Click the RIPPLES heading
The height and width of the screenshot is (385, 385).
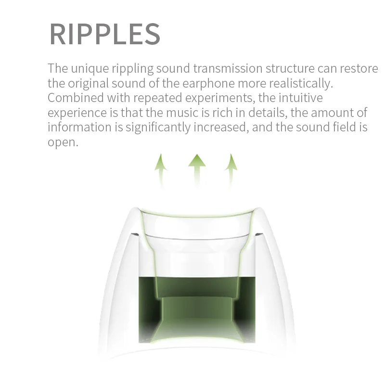[105, 34]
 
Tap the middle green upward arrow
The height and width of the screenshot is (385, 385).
[197, 171]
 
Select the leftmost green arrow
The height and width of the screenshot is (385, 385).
[161, 171]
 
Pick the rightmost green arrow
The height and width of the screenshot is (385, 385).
[231, 171]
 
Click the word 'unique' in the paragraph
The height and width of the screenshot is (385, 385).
[90, 68]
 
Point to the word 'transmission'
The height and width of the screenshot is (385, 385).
[228, 68]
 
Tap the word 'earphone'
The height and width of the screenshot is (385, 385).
[208, 83]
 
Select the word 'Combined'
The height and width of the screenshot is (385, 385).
[76, 98]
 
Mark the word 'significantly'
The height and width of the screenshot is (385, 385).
[158, 128]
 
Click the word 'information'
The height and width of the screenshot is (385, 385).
[79, 127]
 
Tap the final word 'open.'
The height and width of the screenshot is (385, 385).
[63, 142]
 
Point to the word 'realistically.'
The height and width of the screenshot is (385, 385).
[301, 83]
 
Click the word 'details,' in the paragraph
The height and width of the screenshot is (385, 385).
[268, 113]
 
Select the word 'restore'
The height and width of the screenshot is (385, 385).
[359, 68]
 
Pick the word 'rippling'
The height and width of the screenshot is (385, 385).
[133, 68]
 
